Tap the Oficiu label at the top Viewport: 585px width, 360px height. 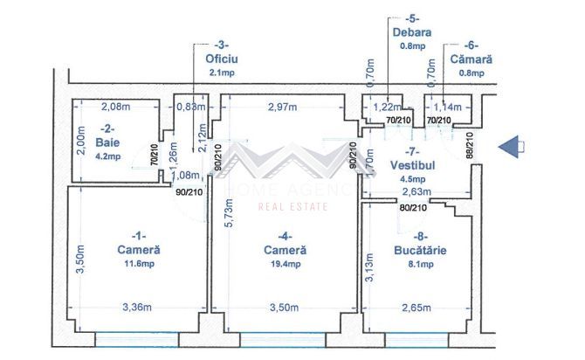pos(222,59)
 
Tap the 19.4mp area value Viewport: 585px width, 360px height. pos(286,263)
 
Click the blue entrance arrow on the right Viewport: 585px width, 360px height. pos(512,148)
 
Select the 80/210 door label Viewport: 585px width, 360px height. pos(412,208)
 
